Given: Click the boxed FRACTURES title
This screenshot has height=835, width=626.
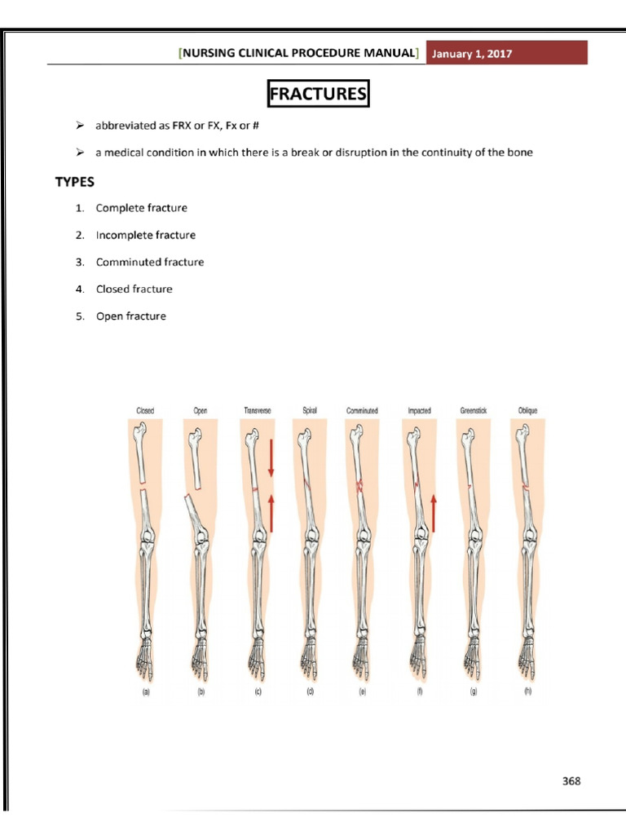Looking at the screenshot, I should point(318,94).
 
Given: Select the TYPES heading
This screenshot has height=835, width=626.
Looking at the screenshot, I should point(75,181).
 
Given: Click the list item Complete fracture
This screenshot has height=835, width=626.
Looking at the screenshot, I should point(141,208).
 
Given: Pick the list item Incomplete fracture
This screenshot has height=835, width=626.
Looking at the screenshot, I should point(145,235).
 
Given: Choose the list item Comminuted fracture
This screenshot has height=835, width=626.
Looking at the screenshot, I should point(149,262).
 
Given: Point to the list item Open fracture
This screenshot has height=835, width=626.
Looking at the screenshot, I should point(130,316).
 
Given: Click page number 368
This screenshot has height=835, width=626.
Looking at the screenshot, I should point(571,780).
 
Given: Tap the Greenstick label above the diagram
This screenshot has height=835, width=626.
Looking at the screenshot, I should point(473,411).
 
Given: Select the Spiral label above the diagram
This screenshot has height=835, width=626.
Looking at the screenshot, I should point(310,411).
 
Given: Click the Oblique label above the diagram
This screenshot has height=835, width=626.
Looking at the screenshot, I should point(527,411).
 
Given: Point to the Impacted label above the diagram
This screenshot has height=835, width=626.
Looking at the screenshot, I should point(419,411).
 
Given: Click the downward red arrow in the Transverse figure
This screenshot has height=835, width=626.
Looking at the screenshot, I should point(271,459).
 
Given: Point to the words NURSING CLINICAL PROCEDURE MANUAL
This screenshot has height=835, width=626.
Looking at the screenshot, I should point(298,54).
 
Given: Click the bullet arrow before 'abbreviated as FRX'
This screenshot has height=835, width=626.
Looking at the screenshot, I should point(80,126).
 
